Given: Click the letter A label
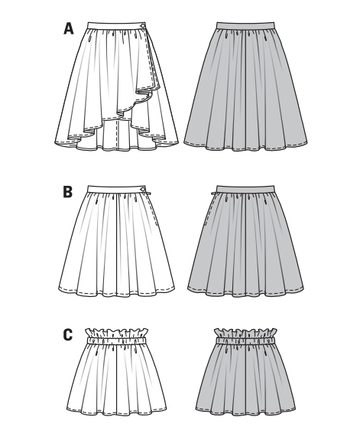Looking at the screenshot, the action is pos(69,28).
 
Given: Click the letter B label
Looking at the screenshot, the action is pos(68,191).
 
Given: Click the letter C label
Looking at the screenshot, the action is pos(68,335).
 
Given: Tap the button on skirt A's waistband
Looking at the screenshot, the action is pos(144,25).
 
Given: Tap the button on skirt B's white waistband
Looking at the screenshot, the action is pos(143,189).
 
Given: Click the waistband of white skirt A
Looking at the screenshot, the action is pos(117,24).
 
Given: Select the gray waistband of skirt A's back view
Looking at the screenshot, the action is pos(245,25).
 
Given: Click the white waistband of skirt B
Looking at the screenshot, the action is pos(117,189).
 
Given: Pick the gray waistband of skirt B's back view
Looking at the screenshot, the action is pos(245,189).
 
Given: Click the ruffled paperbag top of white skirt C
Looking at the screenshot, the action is pos(116,333).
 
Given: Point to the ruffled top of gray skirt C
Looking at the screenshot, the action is pos(245,333).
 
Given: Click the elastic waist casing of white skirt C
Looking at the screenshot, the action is pos(116,340).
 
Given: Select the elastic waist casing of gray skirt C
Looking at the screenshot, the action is pos(245,340).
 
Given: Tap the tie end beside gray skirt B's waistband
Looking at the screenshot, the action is pos(213,194).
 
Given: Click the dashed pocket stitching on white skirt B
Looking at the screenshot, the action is pos(152,210).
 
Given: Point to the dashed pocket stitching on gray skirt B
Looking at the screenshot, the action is pos(208,210).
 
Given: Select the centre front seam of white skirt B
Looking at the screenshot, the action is pos(117,244).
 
